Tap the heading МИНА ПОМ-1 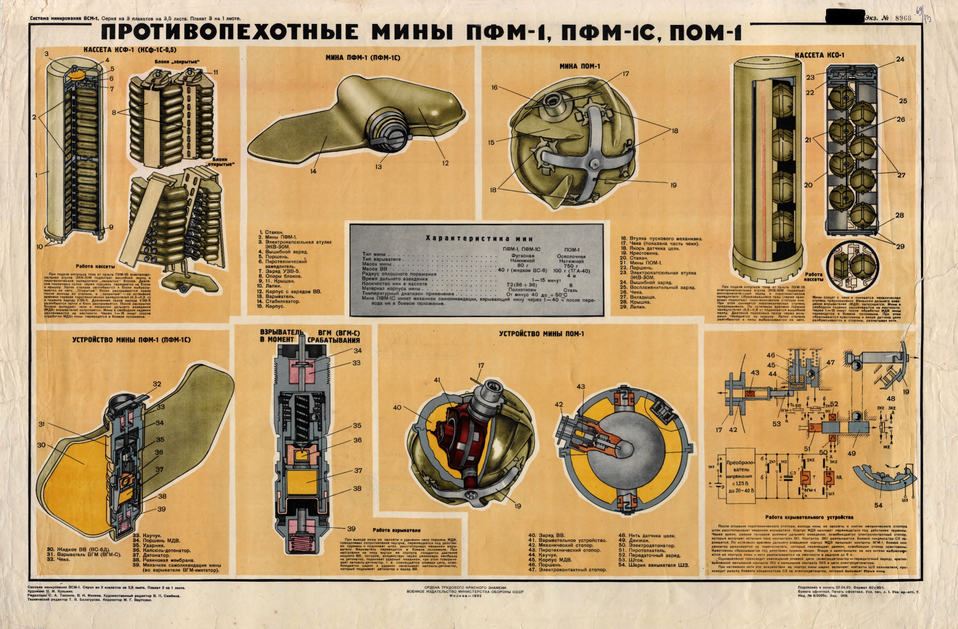579,66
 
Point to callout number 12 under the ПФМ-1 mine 445,163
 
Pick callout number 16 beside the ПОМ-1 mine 494,87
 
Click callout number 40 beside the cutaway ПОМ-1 397,408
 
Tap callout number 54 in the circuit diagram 878,505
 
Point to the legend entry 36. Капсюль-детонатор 161,550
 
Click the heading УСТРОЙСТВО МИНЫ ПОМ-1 541,334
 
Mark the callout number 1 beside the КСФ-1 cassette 37,175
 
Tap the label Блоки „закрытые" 177,62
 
